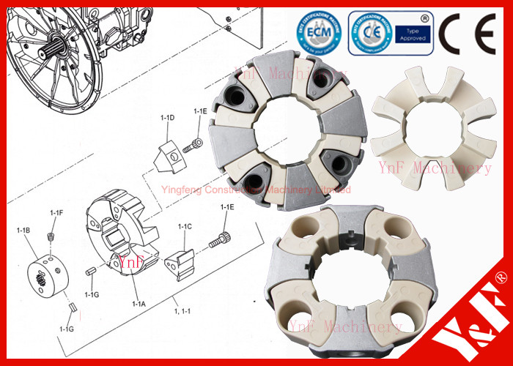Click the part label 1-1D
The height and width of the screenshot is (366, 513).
167,117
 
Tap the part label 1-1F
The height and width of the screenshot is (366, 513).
56,212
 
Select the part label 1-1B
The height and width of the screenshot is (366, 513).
23,231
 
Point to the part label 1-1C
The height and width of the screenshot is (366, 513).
185,227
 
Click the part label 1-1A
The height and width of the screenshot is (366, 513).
139,303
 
